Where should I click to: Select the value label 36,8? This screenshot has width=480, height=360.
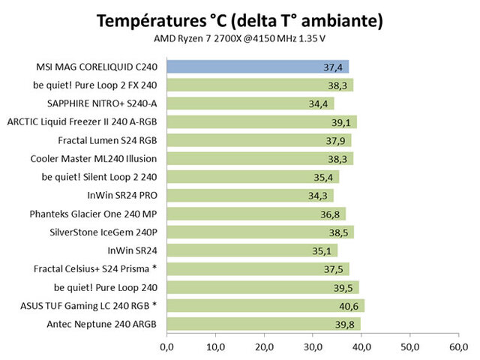333,214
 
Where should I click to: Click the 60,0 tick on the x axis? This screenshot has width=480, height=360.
458,347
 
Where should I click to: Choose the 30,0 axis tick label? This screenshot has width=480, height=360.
313,347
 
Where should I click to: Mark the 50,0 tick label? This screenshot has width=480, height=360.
409,347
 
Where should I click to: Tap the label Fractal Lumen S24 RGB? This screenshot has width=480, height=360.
108,140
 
